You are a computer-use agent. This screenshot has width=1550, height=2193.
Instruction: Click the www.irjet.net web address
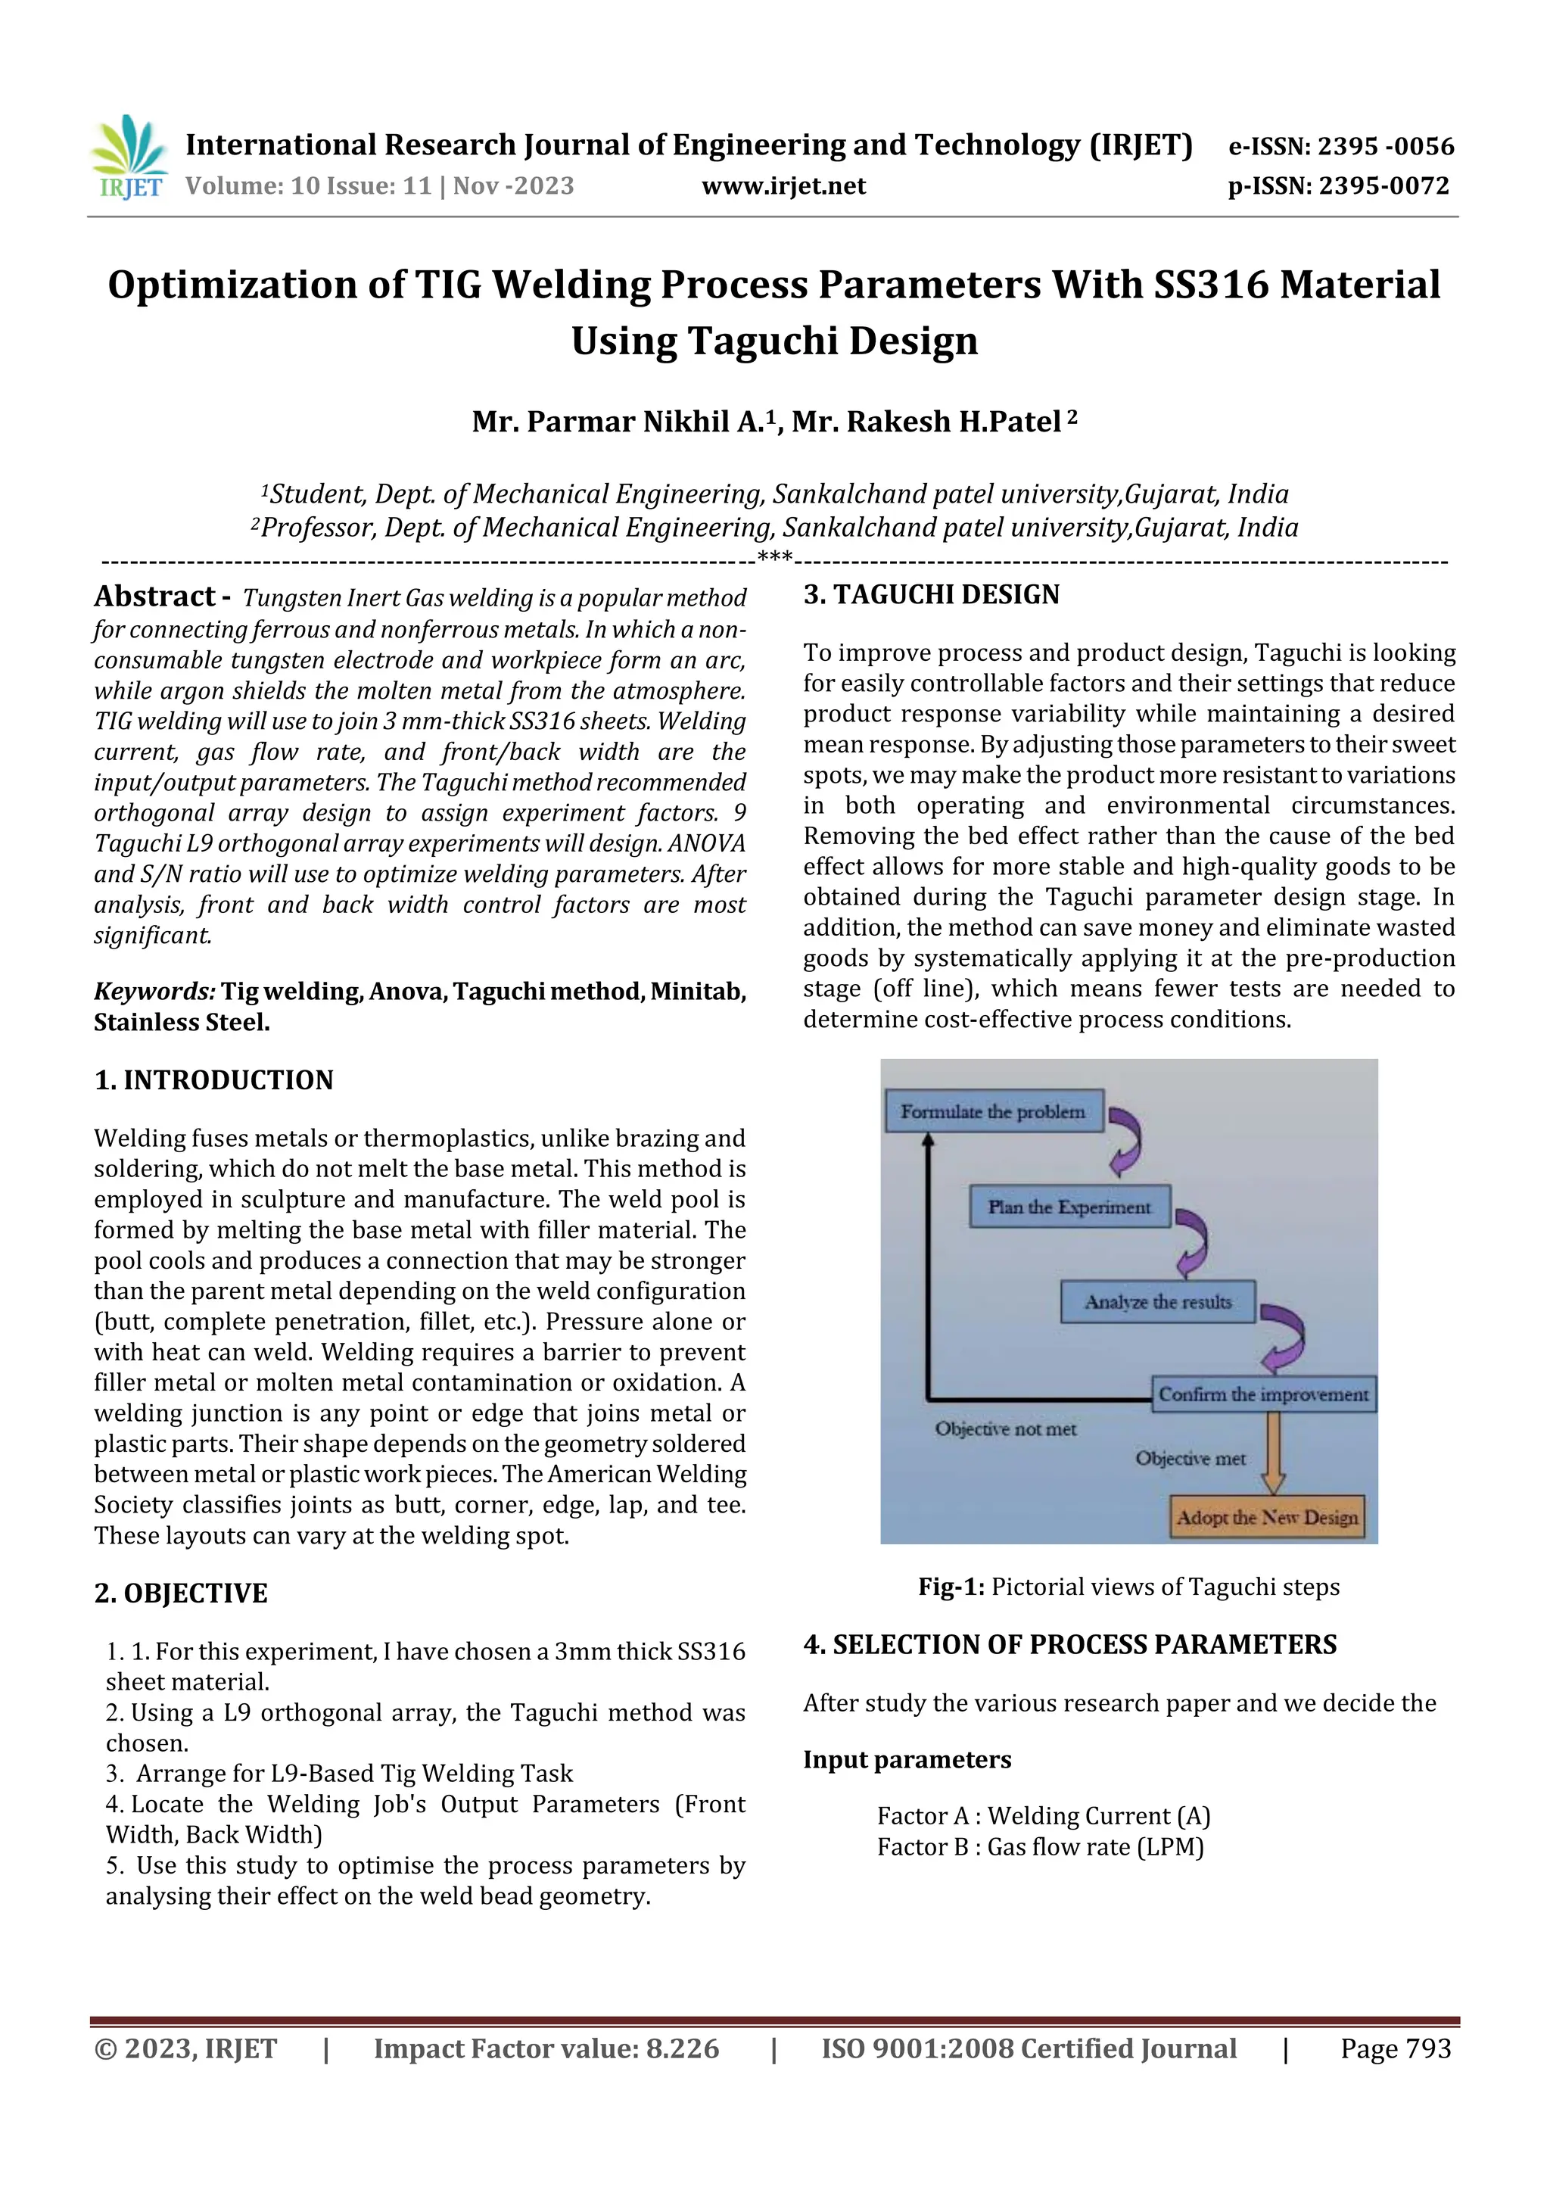(783, 185)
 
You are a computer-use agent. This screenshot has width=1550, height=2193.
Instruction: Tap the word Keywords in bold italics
(154, 992)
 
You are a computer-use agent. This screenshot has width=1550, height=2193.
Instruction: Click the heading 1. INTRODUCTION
(214, 1079)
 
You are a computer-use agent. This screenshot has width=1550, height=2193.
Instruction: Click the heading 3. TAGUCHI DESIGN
(931, 594)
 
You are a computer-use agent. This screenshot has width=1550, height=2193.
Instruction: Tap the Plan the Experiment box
(1069, 1207)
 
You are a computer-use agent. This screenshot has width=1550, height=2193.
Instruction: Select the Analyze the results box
(1157, 1302)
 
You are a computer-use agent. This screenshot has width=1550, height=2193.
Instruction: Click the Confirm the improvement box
(1262, 1394)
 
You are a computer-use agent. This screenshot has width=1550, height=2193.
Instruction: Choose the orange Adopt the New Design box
(1266, 1517)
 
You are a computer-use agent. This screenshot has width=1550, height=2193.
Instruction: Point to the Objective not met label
(1006, 1429)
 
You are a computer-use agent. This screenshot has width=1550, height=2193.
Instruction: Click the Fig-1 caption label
(951, 1587)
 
